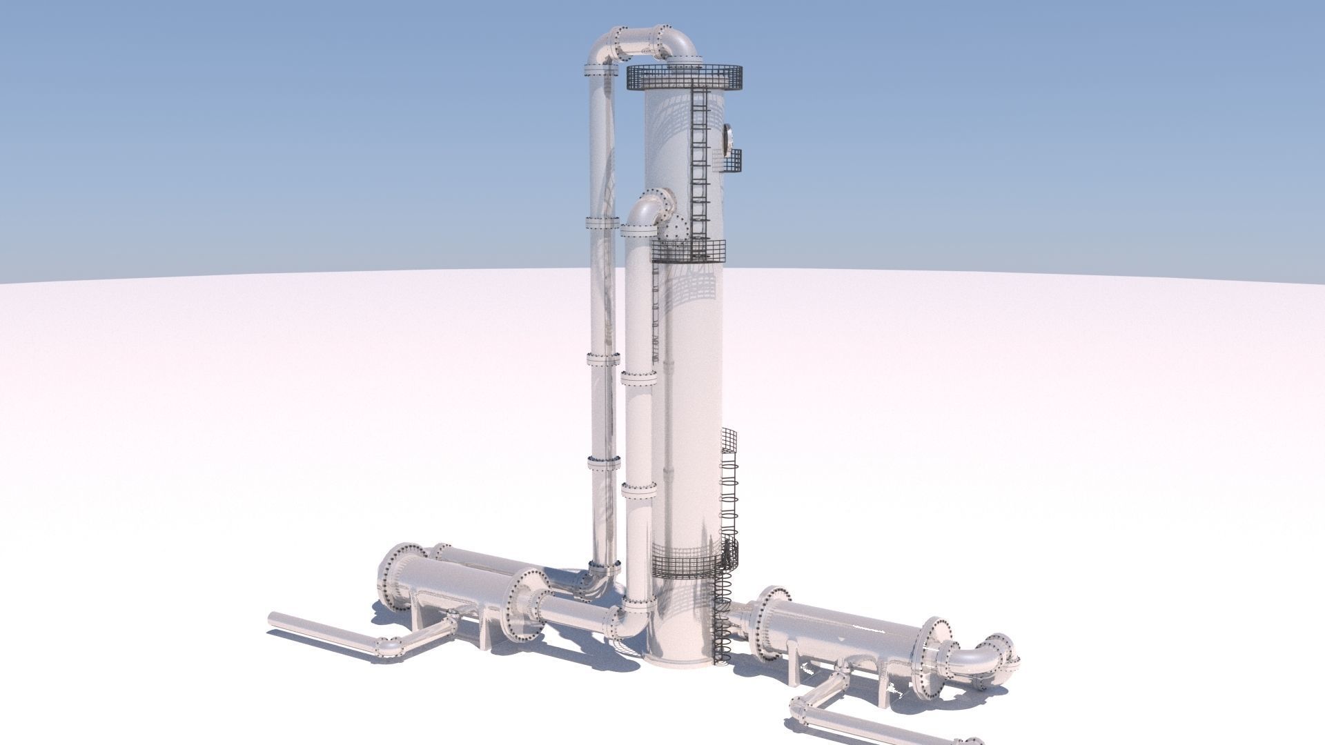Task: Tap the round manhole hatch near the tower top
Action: click(x=727, y=138)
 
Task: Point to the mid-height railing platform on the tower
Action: click(x=689, y=251)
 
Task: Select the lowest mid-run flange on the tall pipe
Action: click(x=604, y=463)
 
